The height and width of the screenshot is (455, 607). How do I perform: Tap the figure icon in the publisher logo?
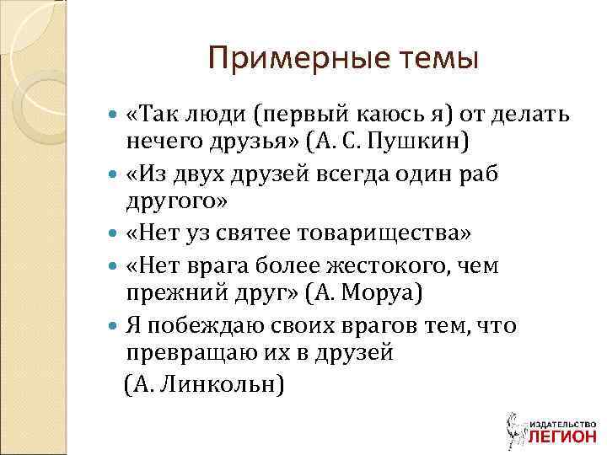(512, 428)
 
